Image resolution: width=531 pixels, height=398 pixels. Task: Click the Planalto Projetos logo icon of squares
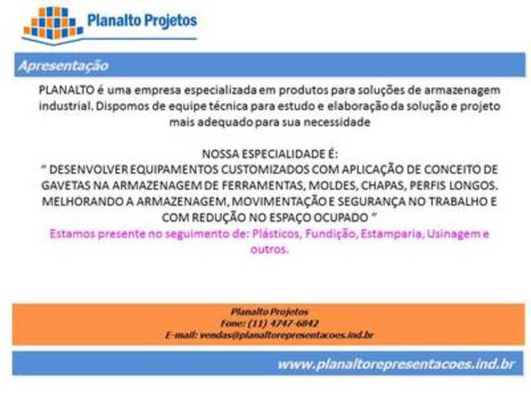click(x=53, y=24)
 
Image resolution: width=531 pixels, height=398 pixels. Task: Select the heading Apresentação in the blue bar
click(x=64, y=66)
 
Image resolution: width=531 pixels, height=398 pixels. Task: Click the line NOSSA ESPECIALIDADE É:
click(x=270, y=154)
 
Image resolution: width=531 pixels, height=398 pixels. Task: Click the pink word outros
click(x=269, y=249)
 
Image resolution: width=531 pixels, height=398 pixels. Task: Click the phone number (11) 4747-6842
click(x=283, y=323)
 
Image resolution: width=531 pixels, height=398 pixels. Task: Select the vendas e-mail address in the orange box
click(x=287, y=335)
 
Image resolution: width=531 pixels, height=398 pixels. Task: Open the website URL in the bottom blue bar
click(x=396, y=365)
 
